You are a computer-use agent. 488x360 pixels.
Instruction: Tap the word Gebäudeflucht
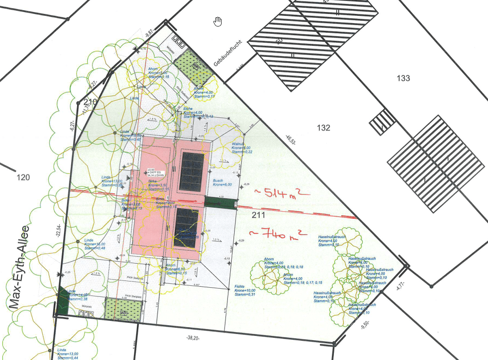(227, 56)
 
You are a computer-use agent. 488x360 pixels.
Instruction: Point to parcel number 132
(324, 128)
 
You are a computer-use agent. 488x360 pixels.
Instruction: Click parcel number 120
(23, 177)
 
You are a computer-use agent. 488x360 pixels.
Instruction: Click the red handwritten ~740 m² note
(279, 235)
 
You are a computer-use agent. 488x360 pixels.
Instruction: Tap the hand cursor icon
(218, 21)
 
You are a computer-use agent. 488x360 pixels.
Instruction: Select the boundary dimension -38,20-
(193, 338)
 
